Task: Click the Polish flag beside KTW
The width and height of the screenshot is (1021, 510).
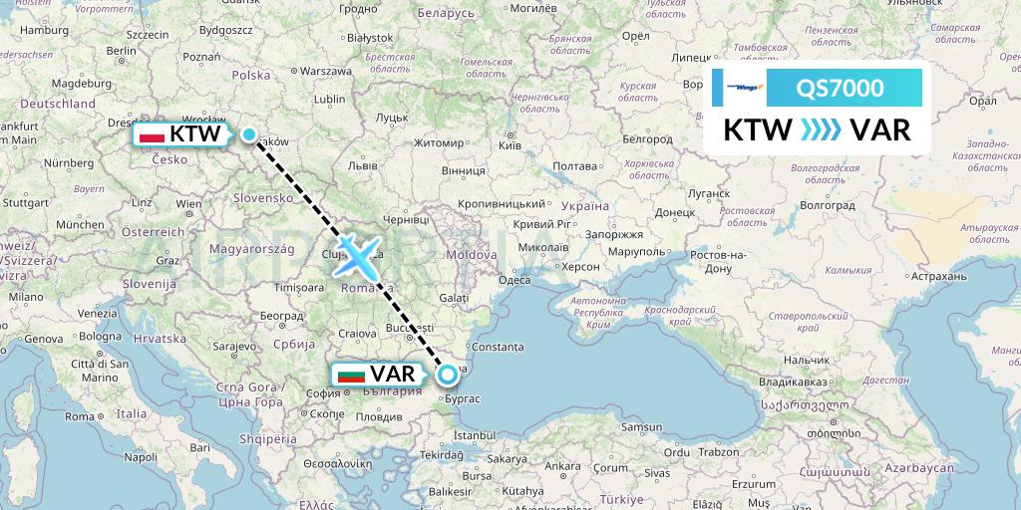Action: [x=152, y=133]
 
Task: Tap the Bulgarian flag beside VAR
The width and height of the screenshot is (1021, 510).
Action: [x=351, y=376]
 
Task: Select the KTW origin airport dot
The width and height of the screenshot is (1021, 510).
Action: [x=248, y=134]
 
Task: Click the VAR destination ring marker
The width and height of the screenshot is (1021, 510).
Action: [x=448, y=375]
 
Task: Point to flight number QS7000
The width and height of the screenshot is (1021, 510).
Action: [x=840, y=89]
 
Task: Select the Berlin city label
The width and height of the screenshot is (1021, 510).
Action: [x=121, y=50]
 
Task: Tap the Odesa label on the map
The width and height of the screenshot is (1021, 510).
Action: [x=514, y=280]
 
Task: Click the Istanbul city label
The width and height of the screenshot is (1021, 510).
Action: [x=474, y=435]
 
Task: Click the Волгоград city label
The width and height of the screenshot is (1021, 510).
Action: [x=828, y=205]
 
